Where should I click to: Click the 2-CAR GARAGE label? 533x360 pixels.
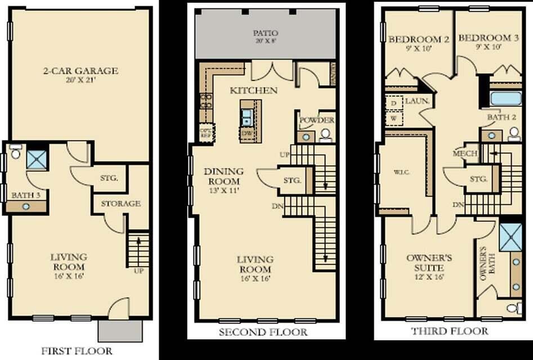81,71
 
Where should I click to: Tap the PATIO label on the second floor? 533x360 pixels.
265,33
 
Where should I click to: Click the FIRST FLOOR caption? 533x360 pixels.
77,350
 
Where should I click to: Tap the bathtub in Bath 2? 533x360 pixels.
506,99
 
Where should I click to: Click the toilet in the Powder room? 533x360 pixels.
325,135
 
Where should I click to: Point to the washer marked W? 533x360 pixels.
394,119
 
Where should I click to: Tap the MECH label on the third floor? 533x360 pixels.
465,154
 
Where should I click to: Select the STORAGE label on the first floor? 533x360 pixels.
120,204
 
